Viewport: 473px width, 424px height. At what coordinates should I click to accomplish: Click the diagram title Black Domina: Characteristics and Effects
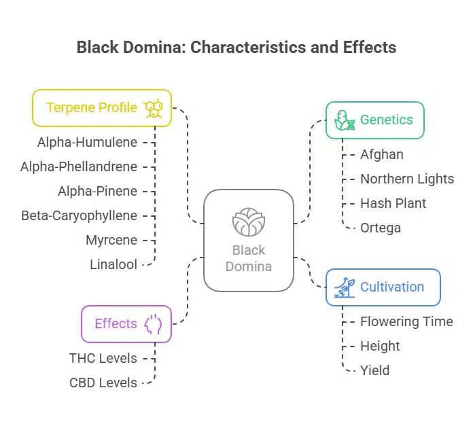click(x=236, y=48)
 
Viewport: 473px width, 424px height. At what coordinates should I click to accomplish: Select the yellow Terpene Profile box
click(x=102, y=108)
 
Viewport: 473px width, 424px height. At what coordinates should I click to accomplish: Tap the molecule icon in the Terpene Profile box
click(x=153, y=108)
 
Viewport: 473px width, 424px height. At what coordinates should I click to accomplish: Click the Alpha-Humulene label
click(x=87, y=142)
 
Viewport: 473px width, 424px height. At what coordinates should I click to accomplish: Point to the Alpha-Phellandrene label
click(x=79, y=166)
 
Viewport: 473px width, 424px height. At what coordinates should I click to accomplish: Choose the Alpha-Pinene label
click(x=97, y=191)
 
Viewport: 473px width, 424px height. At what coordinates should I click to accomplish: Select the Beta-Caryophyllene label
click(x=79, y=215)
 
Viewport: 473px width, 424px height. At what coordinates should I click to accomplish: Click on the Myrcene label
click(x=111, y=240)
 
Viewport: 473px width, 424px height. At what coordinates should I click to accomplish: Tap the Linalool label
click(x=113, y=264)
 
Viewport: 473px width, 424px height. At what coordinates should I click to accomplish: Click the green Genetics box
click(x=375, y=120)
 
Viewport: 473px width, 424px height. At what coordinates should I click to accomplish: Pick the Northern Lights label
click(x=407, y=179)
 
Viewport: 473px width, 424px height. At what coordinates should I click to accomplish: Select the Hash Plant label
click(x=393, y=203)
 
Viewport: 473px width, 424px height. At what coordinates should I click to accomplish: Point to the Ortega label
click(x=381, y=228)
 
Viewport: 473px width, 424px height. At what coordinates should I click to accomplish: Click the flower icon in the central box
click(x=249, y=222)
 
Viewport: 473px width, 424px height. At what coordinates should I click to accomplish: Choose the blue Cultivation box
click(x=383, y=287)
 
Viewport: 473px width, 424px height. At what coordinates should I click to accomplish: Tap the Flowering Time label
click(x=406, y=321)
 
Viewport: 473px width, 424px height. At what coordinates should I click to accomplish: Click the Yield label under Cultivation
click(x=374, y=370)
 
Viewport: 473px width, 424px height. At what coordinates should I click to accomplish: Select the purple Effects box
click(x=126, y=323)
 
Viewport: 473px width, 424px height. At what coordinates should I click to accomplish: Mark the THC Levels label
click(x=103, y=358)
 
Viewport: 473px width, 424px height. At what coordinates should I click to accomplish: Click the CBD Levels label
click(x=103, y=383)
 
